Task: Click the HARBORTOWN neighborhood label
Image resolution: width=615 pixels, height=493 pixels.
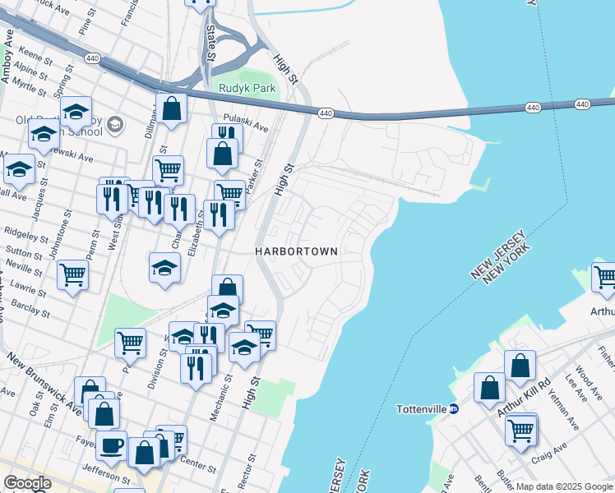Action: pos(296,251)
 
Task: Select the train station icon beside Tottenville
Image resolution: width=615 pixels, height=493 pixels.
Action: pos(453,408)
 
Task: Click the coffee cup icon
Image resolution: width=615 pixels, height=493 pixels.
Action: pos(111,446)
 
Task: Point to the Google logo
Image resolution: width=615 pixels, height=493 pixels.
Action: pos(27,483)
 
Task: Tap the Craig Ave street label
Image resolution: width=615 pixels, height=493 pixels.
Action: pos(550,449)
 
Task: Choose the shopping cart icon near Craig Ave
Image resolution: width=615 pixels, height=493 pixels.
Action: pos(521,429)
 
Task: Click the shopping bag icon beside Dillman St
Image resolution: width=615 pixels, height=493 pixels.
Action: pos(171,108)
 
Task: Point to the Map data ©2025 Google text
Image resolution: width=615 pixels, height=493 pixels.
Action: pos(563,486)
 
